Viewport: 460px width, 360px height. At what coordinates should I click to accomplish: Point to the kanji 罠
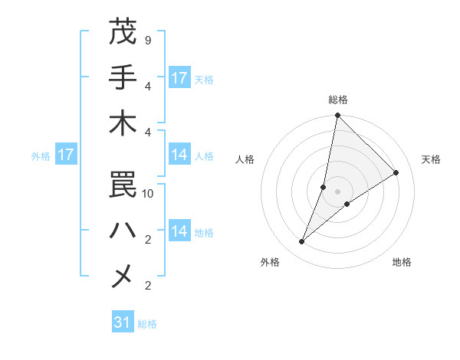(x=123, y=183)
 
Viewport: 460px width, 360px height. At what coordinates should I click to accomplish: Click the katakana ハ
(x=123, y=229)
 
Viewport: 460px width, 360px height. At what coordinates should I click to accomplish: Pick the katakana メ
(x=123, y=275)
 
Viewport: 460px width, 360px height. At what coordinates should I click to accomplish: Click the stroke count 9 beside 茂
(x=147, y=39)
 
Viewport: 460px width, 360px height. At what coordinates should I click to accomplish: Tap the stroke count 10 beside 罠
(x=148, y=194)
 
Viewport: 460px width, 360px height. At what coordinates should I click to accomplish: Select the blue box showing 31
(x=123, y=322)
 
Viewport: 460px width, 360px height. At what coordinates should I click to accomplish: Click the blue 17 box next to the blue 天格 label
(x=179, y=78)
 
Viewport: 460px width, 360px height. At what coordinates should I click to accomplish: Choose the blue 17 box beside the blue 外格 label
(x=66, y=155)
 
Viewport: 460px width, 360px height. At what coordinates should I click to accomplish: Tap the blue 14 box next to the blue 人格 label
(x=179, y=155)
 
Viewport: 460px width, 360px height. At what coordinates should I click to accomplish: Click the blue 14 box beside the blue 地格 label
(x=179, y=232)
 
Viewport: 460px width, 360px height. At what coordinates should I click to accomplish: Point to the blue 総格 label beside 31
(x=147, y=324)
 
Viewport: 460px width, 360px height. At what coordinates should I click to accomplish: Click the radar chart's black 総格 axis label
(x=337, y=100)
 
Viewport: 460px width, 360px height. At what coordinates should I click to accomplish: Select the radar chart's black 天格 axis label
(x=431, y=159)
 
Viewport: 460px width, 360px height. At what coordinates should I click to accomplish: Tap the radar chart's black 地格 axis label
(x=402, y=263)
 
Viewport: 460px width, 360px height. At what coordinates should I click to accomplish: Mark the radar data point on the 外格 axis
(x=302, y=242)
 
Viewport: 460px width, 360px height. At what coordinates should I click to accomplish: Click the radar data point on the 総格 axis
(x=337, y=116)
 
